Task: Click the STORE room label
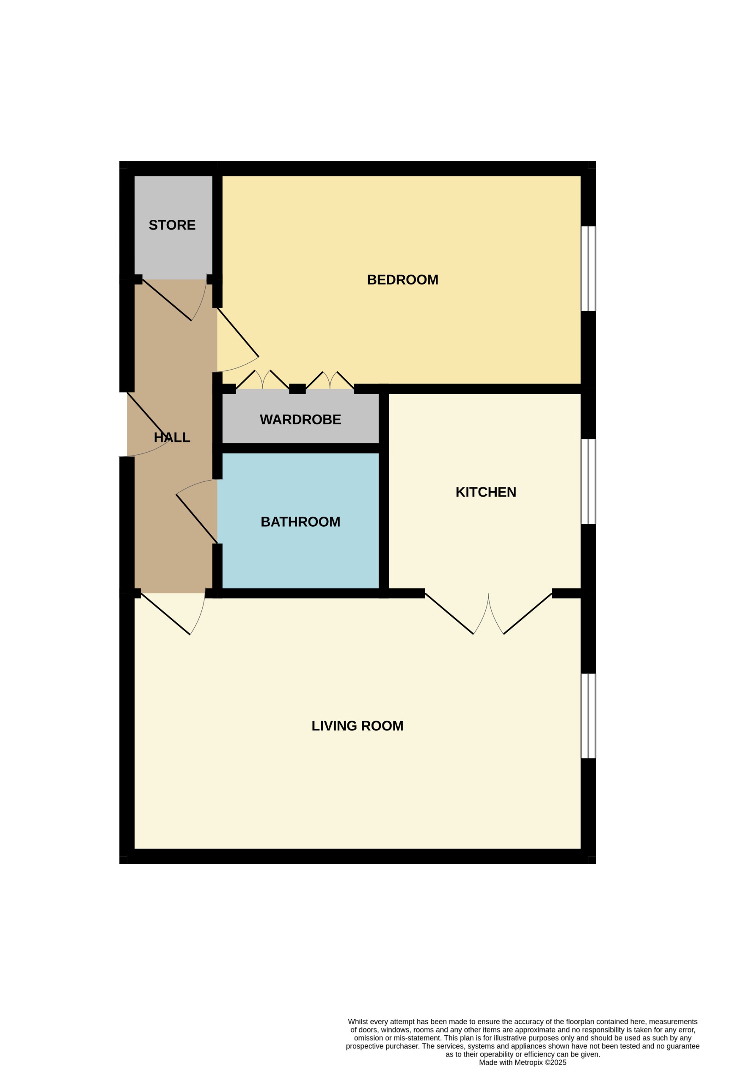[x=172, y=225]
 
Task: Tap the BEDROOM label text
[x=402, y=279]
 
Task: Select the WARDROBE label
[x=300, y=420]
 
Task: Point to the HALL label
[x=172, y=437]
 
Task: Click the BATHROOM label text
[x=300, y=522]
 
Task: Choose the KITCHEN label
[x=486, y=492]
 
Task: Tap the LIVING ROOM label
[x=357, y=726]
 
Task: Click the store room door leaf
[x=167, y=300]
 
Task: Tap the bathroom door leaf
[x=196, y=519]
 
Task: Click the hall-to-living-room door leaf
[x=165, y=614]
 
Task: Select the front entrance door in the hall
[x=148, y=416]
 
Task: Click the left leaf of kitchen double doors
[x=449, y=614]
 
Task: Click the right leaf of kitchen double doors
[x=528, y=614]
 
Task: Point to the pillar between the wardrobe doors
[x=297, y=389]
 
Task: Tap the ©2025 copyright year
[x=555, y=1062]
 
